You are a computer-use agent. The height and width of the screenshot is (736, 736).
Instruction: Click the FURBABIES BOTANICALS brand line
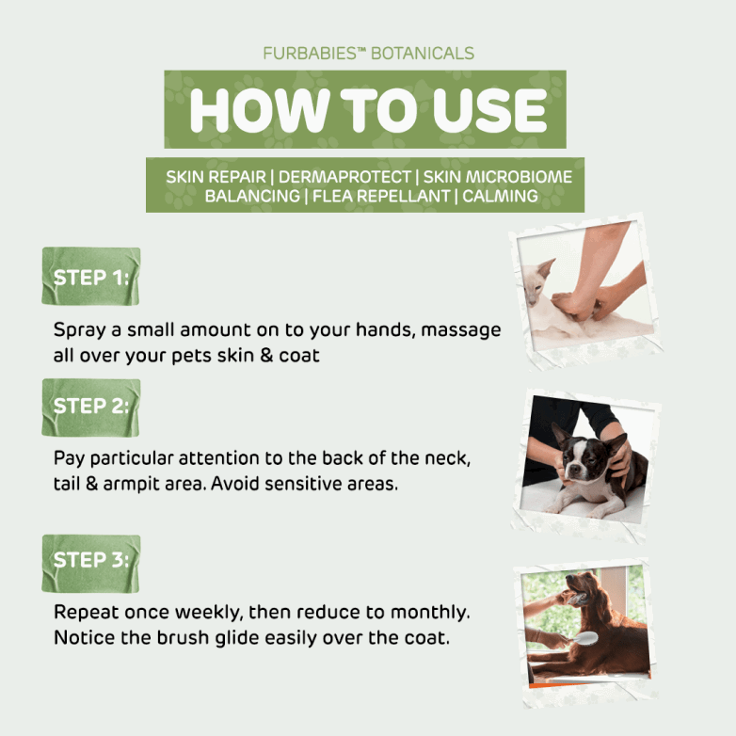[x=368, y=54]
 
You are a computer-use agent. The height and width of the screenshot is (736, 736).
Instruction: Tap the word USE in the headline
[x=489, y=110]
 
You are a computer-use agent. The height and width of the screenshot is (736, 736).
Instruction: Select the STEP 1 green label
[x=91, y=276]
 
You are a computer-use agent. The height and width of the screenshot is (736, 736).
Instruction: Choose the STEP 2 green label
[x=91, y=408]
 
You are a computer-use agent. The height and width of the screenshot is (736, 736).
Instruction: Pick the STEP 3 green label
[x=91, y=563]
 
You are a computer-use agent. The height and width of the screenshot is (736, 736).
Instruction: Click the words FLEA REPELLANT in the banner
[x=381, y=196]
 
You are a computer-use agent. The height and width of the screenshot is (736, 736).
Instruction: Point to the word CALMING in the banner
[x=500, y=196]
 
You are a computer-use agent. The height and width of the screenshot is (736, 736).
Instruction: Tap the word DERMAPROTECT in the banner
[x=344, y=177]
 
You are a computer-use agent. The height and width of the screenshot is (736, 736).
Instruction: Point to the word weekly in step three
[x=209, y=613]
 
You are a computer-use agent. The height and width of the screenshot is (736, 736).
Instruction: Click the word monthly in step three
[x=430, y=612]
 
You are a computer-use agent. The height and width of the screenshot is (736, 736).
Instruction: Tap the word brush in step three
[x=183, y=637]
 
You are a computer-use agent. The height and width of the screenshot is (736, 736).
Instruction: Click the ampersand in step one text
[x=266, y=356]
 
